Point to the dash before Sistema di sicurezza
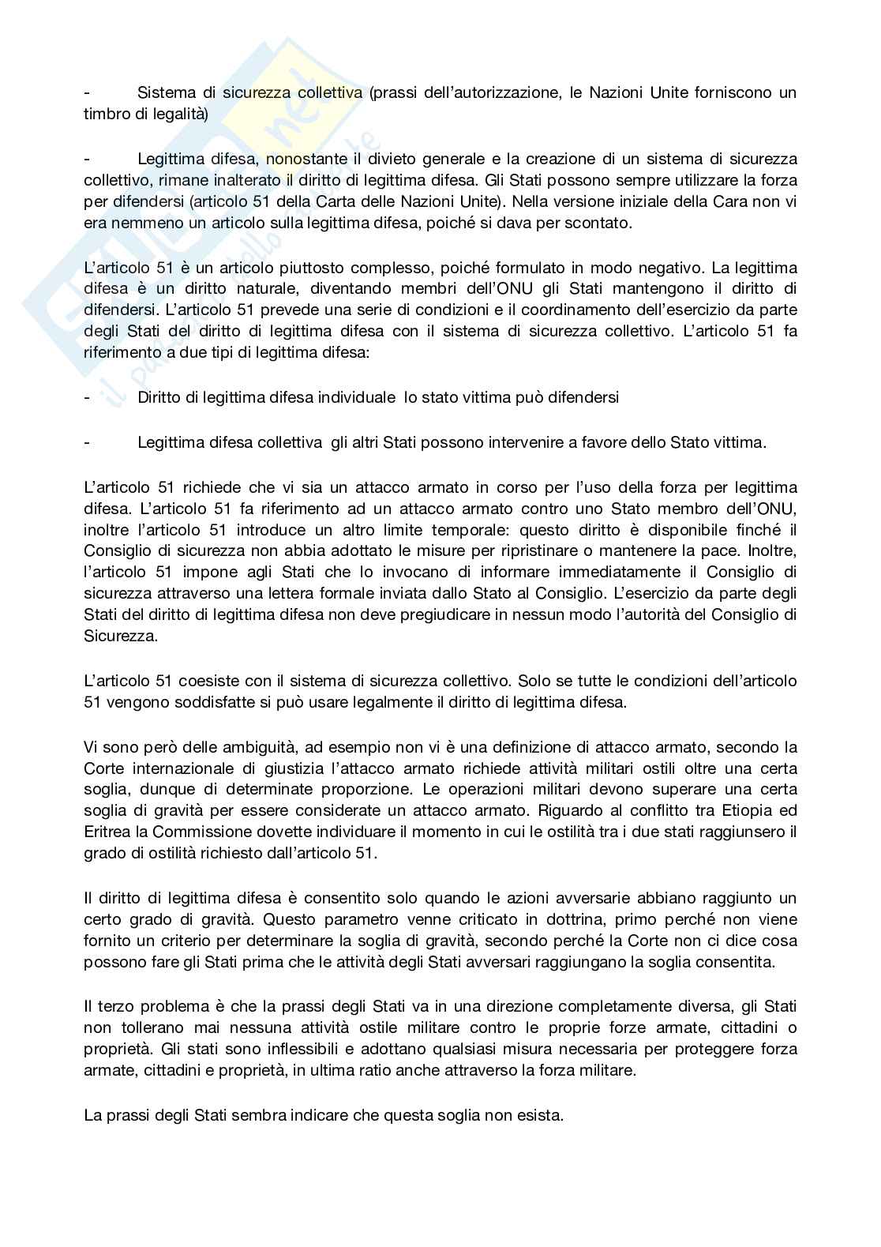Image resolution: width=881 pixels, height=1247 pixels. (x=87, y=93)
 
